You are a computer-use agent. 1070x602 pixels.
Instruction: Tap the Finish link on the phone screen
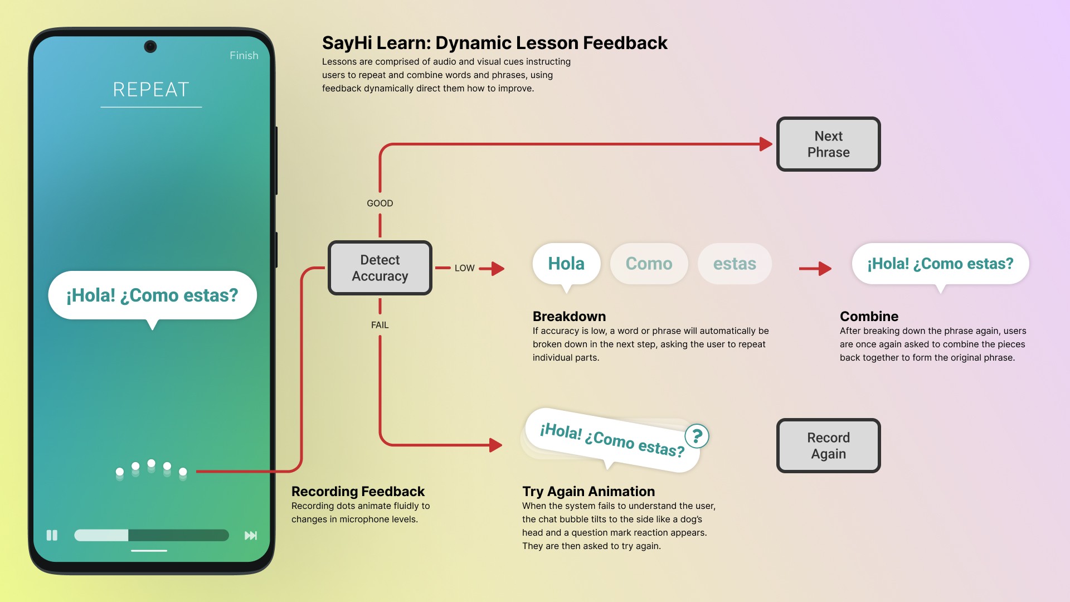(x=244, y=56)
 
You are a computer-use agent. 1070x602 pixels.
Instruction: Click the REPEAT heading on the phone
(x=151, y=90)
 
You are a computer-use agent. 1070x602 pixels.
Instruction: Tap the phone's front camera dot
(x=150, y=46)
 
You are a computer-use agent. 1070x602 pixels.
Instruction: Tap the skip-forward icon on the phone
(x=251, y=536)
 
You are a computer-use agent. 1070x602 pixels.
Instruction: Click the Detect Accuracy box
(x=380, y=268)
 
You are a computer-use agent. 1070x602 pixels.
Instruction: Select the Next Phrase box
(x=828, y=144)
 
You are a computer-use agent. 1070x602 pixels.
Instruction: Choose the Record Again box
(x=828, y=446)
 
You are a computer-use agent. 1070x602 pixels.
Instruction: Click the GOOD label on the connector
(x=380, y=203)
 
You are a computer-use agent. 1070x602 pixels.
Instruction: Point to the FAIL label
(x=380, y=325)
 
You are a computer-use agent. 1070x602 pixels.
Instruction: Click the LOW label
(x=464, y=268)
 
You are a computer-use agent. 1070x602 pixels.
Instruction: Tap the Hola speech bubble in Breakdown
(x=566, y=264)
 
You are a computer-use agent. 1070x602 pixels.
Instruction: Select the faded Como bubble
(x=649, y=264)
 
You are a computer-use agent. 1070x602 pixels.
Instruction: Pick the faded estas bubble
(x=735, y=264)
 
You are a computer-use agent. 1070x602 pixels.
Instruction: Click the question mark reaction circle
(x=697, y=436)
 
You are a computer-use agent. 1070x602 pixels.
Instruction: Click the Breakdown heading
(x=569, y=317)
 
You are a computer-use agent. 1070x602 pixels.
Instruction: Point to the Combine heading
(x=869, y=317)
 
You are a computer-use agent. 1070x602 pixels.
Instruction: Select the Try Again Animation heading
(x=588, y=492)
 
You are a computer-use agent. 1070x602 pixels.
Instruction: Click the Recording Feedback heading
(x=358, y=492)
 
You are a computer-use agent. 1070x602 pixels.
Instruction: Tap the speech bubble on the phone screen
(x=152, y=295)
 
